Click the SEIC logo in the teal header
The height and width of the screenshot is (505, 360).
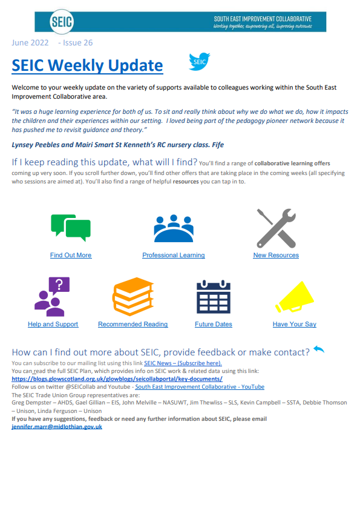pos(63,22)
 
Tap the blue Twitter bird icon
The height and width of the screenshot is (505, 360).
pos(199,62)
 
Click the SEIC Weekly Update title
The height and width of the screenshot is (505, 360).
pos(87,65)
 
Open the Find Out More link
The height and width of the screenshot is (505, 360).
pos(71,256)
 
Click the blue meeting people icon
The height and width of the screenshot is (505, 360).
pos(173,228)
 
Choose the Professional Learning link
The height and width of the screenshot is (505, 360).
pos(173,256)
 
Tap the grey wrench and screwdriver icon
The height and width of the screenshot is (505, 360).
pos(275,228)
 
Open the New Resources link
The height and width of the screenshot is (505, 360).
pos(275,256)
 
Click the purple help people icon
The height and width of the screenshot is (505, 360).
pos(52,297)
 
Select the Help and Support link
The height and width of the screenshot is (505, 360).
pos(53,325)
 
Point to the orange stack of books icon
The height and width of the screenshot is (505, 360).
pos(133,297)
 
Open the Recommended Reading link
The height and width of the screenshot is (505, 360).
pos(133,325)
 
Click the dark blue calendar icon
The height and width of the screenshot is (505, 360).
pos(214,297)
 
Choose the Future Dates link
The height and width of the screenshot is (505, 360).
pos(214,325)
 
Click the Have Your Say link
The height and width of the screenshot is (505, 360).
pos(295,325)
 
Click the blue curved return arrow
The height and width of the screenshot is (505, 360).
pos(319,349)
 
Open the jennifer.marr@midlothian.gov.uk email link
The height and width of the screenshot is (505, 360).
pos(57,427)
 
